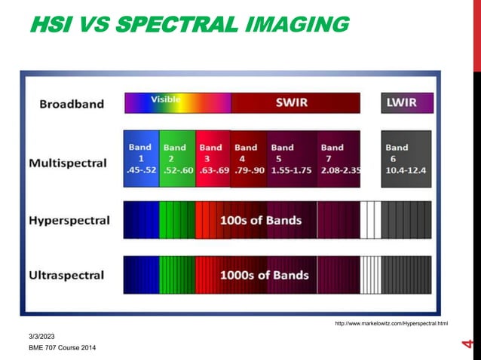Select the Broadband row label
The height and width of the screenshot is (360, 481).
coord(72,104)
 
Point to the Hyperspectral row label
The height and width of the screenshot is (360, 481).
coord(69,221)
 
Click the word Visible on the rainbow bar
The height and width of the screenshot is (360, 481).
coord(165,99)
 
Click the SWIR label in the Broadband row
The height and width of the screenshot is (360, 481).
coord(290,103)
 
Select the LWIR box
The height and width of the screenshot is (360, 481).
coord(406,103)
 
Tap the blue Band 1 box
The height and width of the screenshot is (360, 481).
coord(142,159)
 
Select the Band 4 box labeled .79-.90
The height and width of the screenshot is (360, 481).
coord(249,159)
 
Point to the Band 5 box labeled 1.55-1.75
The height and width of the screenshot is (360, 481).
coord(291,159)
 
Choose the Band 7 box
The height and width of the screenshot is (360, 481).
coord(338,159)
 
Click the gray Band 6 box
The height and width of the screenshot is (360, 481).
coord(406,159)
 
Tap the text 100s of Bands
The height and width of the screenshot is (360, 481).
coord(261,221)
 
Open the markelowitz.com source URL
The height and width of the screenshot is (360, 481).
coord(391,323)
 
